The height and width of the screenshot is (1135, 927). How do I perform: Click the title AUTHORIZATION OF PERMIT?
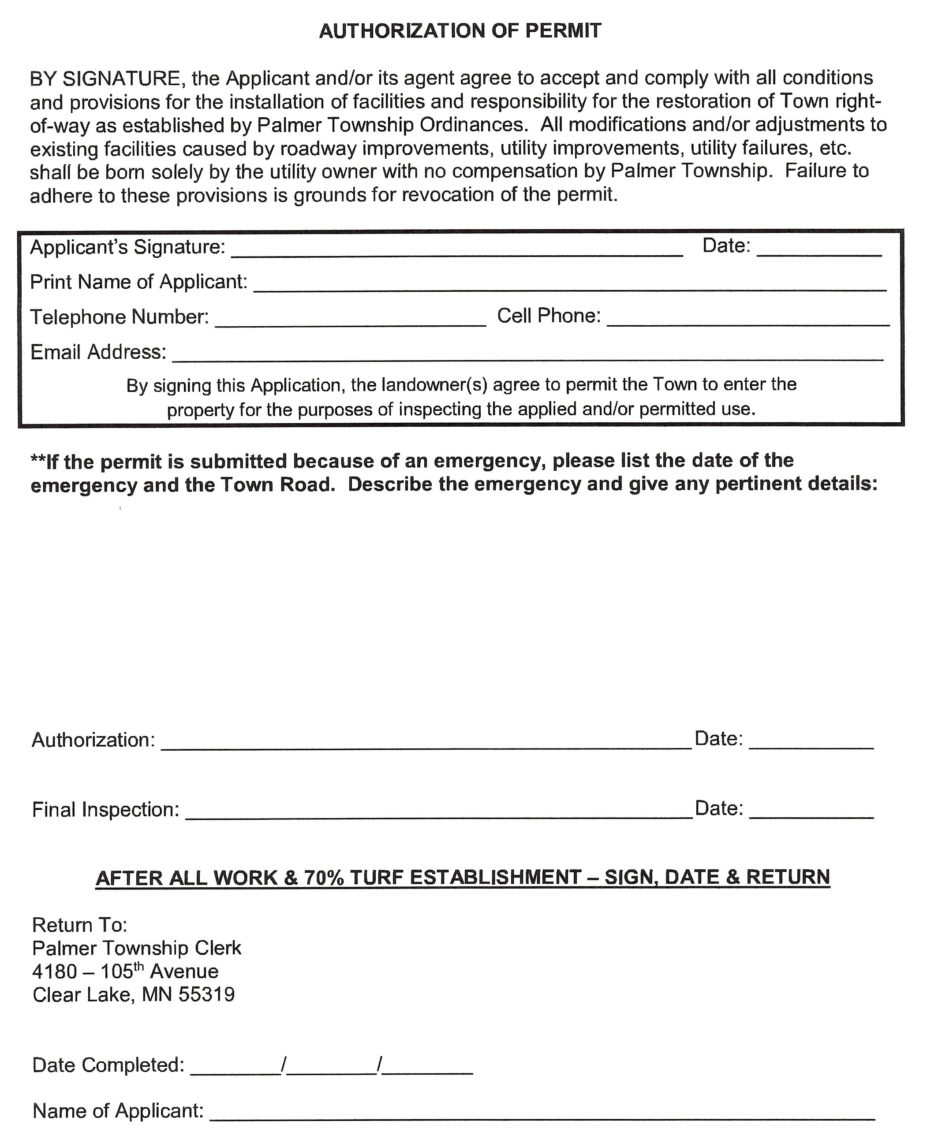click(x=460, y=31)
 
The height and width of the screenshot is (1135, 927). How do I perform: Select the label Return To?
click(x=79, y=925)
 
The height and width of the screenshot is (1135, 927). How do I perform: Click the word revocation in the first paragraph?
click(x=448, y=195)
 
